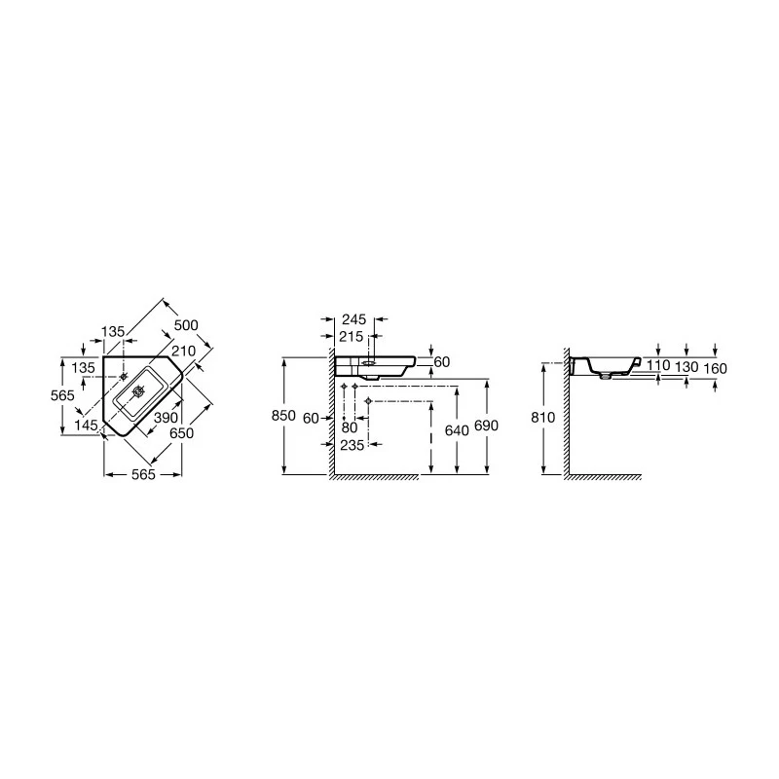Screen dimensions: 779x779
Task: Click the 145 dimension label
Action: point(86,426)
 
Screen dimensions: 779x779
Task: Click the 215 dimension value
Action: point(352,336)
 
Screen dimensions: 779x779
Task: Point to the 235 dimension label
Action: point(352,444)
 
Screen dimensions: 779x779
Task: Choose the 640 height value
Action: point(457,427)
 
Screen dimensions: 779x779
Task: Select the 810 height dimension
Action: point(544,418)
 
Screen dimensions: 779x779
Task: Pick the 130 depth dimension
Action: point(687,367)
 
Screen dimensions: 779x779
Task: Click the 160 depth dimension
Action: point(715,367)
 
